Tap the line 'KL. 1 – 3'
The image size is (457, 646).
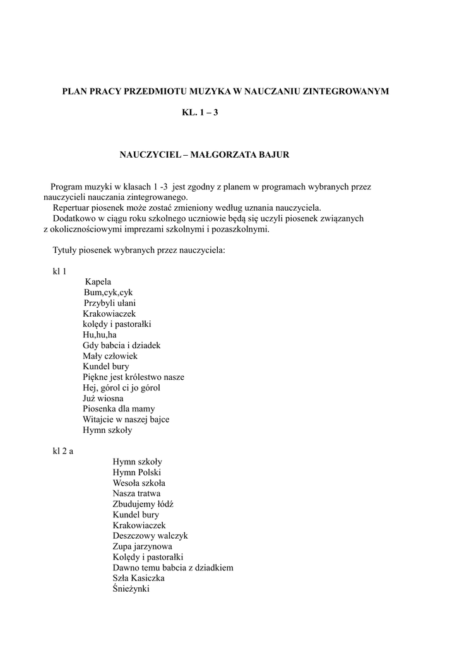199,114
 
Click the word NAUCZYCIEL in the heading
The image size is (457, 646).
146,154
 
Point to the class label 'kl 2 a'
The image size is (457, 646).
62,450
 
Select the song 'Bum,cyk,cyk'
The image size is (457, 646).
108,293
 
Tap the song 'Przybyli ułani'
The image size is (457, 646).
110,303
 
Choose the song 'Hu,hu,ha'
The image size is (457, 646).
100,334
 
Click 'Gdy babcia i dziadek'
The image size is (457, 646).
122,345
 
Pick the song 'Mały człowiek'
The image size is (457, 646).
110,356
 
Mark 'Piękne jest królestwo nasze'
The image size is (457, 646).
133,377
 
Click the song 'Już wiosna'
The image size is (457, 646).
103,398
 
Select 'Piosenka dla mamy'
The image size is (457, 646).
119,409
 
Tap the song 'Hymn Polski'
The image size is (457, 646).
137,472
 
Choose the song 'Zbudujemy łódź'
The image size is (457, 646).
143,504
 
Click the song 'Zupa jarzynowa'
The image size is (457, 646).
142,546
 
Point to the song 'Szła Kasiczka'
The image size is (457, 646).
139,578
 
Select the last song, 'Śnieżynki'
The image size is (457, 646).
132,589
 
